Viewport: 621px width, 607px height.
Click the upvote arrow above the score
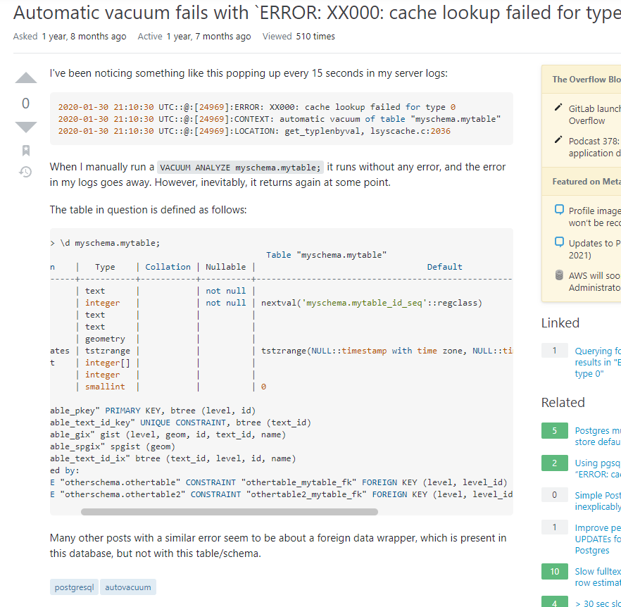(x=26, y=78)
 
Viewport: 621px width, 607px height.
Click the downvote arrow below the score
(x=26, y=127)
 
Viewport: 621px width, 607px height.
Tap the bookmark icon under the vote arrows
(x=26, y=150)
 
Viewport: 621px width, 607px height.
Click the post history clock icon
(x=26, y=171)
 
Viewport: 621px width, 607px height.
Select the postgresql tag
(x=74, y=587)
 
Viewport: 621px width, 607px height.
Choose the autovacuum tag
(x=127, y=587)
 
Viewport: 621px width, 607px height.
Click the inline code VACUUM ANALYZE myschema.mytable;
(x=240, y=168)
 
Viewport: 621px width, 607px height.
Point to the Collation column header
(x=168, y=267)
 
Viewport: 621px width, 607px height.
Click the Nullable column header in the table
(x=225, y=267)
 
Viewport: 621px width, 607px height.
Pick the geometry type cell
(x=105, y=339)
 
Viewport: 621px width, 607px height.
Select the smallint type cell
(x=105, y=387)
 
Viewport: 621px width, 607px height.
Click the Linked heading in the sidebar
(x=560, y=323)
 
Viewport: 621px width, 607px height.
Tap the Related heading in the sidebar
(x=563, y=402)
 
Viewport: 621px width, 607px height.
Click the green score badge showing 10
(x=554, y=571)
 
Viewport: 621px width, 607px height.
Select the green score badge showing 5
(x=554, y=431)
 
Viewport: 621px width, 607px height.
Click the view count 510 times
(x=315, y=37)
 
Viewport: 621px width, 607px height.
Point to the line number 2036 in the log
(x=439, y=131)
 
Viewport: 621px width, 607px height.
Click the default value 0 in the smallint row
(x=263, y=387)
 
